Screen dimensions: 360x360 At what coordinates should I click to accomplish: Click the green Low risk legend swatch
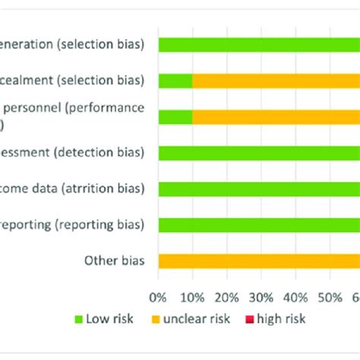coord(78,320)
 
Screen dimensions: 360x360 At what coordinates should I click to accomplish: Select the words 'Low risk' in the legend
coord(112,320)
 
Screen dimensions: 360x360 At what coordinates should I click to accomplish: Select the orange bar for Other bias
coord(258,261)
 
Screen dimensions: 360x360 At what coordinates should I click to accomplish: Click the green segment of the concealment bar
coord(175,81)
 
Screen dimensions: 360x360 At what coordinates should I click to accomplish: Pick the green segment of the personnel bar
coord(175,116)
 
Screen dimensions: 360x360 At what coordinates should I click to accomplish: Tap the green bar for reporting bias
coord(258,225)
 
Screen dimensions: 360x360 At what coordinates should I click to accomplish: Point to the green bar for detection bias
coord(258,153)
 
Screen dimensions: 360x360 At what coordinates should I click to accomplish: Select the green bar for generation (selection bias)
coord(258,45)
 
